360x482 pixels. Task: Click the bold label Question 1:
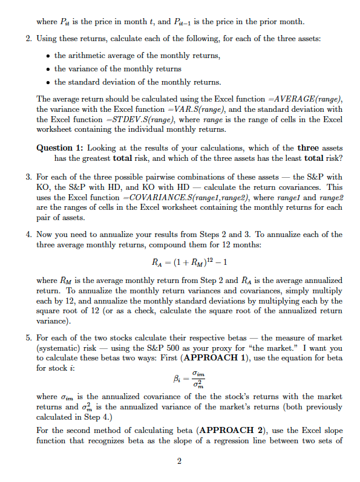61,148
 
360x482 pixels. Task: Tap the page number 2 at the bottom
180,462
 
